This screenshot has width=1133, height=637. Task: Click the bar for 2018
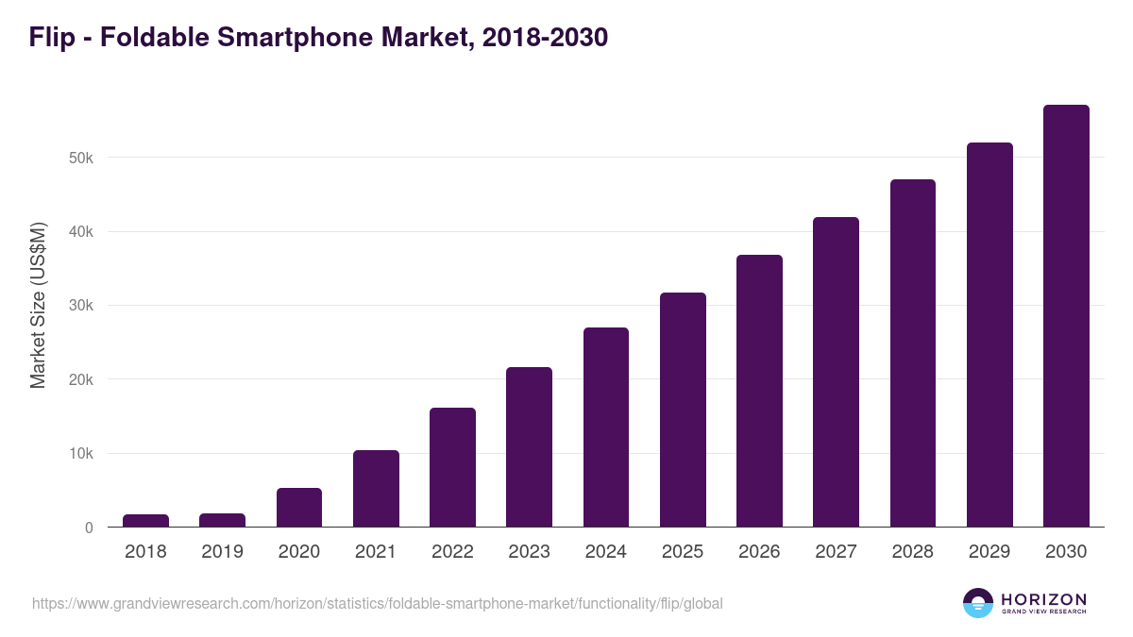pos(145,521)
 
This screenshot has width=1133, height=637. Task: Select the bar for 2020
pos(299,508)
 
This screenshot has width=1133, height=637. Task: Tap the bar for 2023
pos(529,447)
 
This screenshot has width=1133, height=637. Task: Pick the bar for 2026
pos(759,391)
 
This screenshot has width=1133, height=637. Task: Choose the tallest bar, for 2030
pos(1066,316)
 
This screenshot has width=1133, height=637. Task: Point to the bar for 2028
pos(912,353)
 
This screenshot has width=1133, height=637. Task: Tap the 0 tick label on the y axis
pos(89,528)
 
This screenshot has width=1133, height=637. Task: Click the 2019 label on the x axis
pos(222,552)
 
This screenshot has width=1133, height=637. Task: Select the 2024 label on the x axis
pos(605,552)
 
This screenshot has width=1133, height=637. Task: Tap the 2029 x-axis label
pos(989,552)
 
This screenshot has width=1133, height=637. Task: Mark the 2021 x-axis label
pos(375,552)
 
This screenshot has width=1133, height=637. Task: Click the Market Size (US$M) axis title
pos(38,305)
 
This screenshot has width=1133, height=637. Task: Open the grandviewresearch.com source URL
pos(378,603)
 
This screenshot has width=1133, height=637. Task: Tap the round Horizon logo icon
pos(978,603)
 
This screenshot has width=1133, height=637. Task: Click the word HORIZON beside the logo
pos(1043,599)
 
